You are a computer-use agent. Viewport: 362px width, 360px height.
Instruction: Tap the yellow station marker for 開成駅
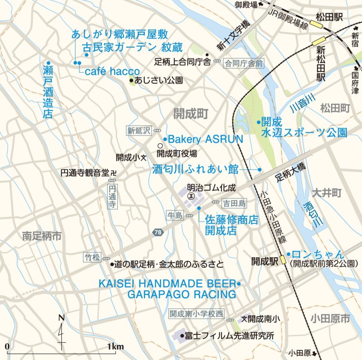click(x=283, y=261)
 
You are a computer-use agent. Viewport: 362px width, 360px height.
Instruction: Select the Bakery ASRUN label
click(x=205, y=139)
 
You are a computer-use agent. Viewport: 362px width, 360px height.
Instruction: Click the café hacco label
click(x=112, y=71)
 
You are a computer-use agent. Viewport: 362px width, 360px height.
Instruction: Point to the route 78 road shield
click(x=158, y=233)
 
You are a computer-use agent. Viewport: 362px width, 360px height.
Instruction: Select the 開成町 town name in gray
click(x=191, y=113)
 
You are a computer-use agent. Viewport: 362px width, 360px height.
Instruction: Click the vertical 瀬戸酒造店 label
click(x=47, y=90)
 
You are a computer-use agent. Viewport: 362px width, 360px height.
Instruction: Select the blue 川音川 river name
click(x=303, y=102)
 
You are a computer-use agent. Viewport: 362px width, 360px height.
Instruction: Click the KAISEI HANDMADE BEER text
click(x=167, y=283)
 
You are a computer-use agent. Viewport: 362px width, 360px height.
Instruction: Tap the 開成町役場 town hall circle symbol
click(x=160, y=145)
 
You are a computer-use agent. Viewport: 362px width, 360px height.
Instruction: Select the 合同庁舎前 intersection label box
click(x=244, y=63)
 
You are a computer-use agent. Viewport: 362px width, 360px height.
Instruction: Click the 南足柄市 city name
click(x=42, y=236)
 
